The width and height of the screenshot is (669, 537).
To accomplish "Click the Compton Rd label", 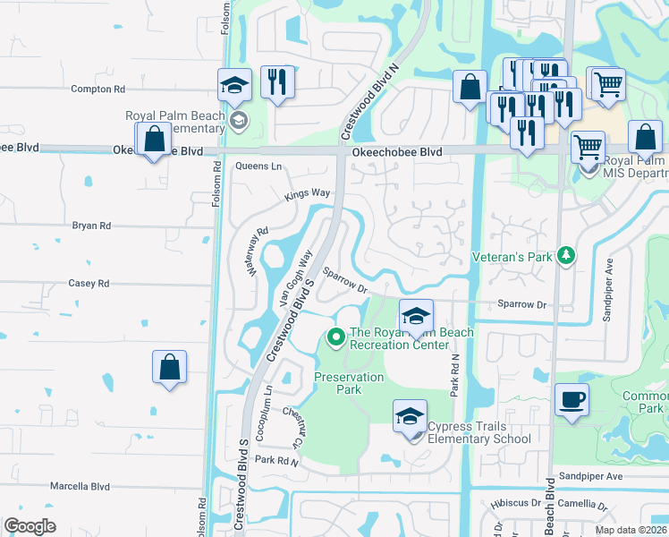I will pos(97,89).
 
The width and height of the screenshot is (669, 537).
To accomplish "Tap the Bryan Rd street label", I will pos(91,226).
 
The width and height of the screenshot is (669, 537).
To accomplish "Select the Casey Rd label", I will pos(89,284).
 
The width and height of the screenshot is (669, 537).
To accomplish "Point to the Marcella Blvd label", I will pos(80,487).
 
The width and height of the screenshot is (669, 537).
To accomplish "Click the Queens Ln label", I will pos(258,166).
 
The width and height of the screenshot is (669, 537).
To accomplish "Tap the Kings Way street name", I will pos(308,193).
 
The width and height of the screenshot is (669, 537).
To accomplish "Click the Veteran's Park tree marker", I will pos(565,256).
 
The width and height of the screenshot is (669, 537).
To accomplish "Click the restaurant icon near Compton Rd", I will pos(277,83).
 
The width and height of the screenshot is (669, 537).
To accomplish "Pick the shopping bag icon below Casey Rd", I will pos(169,367).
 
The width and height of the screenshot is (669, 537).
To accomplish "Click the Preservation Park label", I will pos(349,384).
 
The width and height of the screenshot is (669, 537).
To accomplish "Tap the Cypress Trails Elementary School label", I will pos(479,432).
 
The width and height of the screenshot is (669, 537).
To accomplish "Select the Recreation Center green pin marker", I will pos(336,337).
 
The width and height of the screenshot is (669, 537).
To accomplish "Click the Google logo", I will pos(30,525).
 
